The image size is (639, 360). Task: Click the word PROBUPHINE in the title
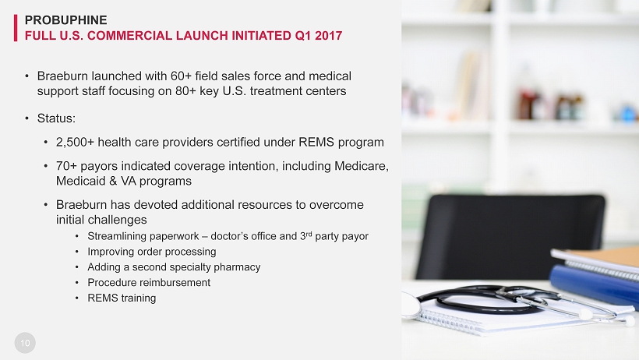pos(65,20)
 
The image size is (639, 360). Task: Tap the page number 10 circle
pos(25,343)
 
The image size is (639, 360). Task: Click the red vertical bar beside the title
pos(16,28)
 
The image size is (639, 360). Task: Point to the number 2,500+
pos(75,143)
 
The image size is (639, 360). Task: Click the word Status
pos(56,118)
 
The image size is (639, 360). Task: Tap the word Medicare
pos(361,166)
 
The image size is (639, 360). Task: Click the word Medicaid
pos(81,181)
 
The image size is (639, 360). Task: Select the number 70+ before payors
pos(66,166)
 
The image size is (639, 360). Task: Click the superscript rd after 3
pos(309,234)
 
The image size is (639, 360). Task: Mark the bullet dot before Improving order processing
pos(77,252)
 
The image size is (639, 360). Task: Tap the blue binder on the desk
pos(594,284)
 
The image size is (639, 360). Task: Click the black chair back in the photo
pos(510,236)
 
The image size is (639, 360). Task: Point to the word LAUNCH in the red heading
pos(202,36)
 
